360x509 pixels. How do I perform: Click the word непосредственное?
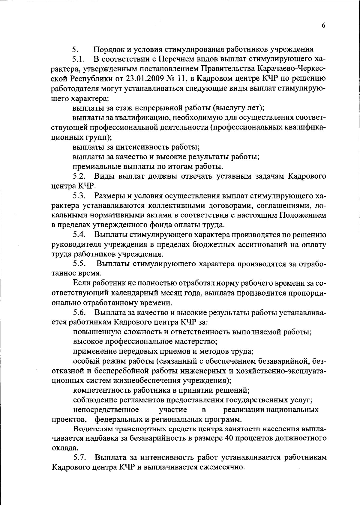tap(106, 409)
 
